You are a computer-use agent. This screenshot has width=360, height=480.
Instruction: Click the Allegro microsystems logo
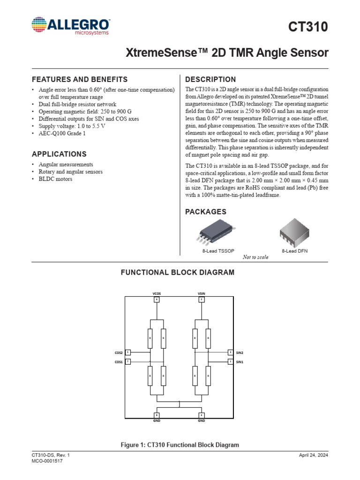click(x=71, y=26)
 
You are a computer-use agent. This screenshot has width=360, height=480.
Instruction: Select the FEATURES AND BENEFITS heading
click(x=79, y=79)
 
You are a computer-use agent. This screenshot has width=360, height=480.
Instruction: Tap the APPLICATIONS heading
click(x=59, y=154)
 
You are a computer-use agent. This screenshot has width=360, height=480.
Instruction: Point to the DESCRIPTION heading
click(x=211, y=79)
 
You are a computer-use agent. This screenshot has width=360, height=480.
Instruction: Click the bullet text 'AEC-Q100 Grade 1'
click(x=62, y=133)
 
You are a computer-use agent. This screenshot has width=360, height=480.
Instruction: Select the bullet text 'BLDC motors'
click(x=55, y=179)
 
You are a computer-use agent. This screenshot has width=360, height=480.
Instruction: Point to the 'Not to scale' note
click(x=255, y=257)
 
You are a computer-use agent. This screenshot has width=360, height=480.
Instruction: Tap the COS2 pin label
click(x=118, y=352)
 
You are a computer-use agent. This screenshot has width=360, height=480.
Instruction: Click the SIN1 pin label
click(x=240, y=362)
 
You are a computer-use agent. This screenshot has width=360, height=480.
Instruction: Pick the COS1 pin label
click(x=118, y=362)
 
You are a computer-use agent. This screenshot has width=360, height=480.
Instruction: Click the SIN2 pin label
click(x=240, y=352)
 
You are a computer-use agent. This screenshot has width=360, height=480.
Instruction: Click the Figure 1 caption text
click(x=180, y=445)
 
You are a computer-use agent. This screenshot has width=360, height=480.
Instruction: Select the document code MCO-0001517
click(x=47, y=461)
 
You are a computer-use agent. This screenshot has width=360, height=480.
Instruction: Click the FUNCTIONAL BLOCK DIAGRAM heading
click(x=178, y=272)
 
